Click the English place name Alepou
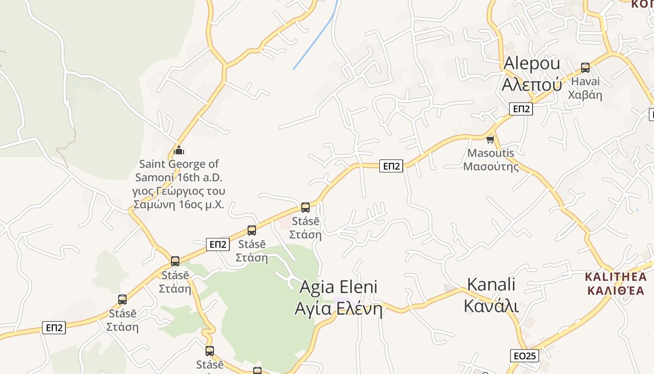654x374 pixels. tap(532, 63)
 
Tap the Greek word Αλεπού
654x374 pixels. tap(532, 85)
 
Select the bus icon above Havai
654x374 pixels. tap(585, 67)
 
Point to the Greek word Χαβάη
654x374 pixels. tap(585, 95)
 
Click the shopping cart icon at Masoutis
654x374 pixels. tap(490, 139)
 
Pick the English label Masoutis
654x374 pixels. tap(490, 153)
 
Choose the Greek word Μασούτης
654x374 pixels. tap(490, 166)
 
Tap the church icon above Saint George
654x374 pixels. tap(179, 150)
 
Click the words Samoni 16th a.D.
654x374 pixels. tap(179, 178)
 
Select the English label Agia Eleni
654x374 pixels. tap(338, 287)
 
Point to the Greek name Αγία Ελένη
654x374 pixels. tap(338, 309)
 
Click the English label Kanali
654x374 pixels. tap(491, 284)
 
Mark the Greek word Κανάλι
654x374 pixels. tap(491, 305)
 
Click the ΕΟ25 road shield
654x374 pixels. tap(524, 356)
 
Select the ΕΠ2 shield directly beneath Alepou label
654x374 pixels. tap(521, 109)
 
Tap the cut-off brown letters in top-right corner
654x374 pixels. tap(642, 4)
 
